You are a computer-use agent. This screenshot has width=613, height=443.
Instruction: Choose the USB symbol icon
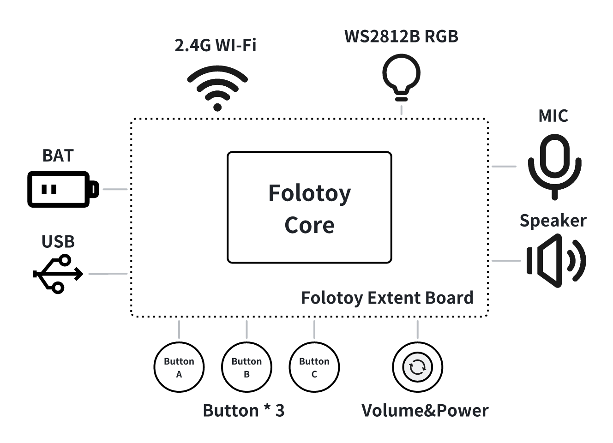(x=58, y=274)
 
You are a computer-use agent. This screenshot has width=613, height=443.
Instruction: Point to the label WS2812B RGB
(x=401, y=36)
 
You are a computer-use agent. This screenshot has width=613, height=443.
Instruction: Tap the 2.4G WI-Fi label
(x=216, y=45)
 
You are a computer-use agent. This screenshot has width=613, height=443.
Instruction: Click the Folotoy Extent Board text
(x=387, y=298)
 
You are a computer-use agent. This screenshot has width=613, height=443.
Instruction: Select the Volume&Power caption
(x=425, y=410)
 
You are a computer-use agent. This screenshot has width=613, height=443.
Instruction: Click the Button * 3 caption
(x=244, y=410)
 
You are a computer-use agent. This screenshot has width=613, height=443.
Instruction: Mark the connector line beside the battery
(x=115, y=189)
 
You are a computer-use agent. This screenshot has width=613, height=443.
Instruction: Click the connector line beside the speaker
(x=506, y=260)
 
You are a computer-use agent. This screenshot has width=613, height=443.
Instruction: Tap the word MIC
(x=553, y=116)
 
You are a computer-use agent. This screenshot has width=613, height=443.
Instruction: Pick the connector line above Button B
(x=246, y=329)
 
